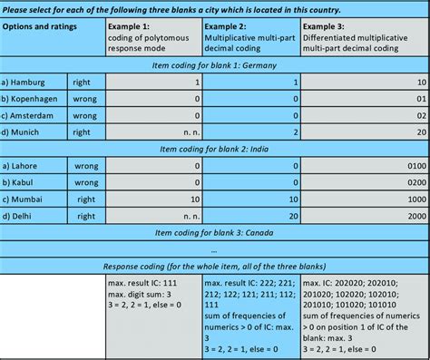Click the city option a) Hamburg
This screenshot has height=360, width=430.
[31, 82]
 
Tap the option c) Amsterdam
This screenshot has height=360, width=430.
[35, 115]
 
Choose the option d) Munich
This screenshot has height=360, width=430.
[28, 132]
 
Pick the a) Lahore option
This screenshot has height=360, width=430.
[26, 166]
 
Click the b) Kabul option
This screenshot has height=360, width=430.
[24, 182]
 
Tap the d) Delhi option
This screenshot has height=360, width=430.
[24, 216]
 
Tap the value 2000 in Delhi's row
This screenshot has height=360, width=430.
[413, 216]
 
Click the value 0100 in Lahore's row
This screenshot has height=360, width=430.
[413, 166]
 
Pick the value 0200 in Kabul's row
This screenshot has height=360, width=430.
[413, 182]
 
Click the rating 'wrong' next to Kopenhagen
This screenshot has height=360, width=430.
[87, 99]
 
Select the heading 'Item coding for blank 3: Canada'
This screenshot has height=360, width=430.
[214, 232]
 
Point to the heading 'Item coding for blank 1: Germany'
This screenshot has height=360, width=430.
[214, 65]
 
